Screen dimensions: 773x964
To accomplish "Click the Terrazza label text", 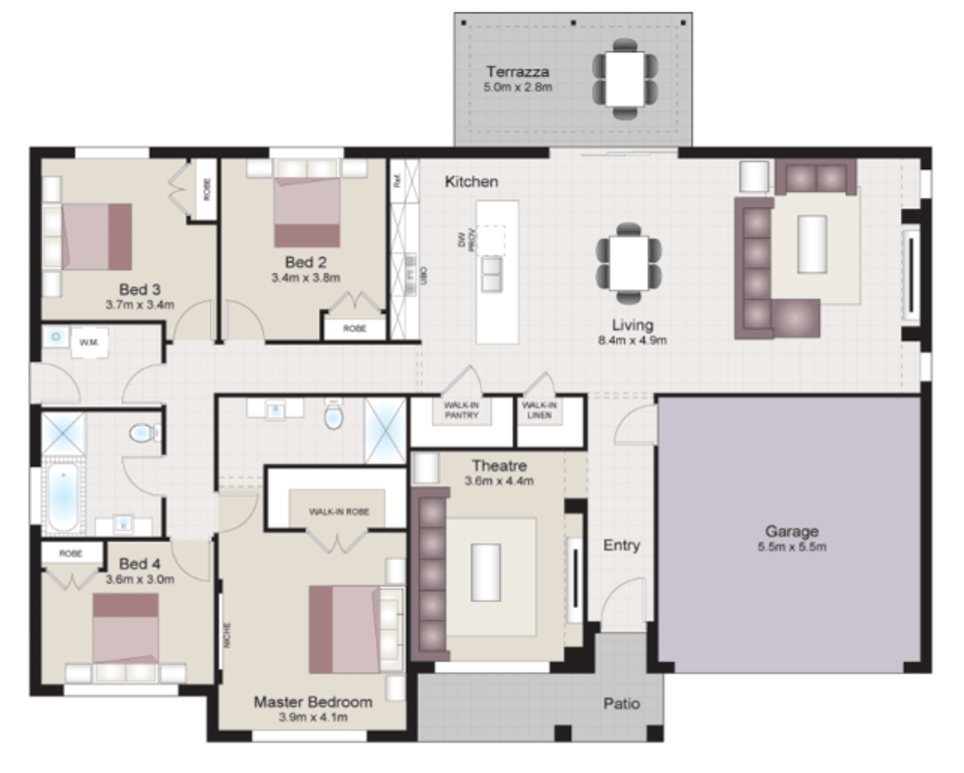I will tap(517, 71).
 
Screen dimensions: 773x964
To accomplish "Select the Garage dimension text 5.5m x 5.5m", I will tap(791, 547).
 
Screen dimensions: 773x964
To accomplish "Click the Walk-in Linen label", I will tap(540, 410).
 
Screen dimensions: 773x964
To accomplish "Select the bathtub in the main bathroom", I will tap(61, 498).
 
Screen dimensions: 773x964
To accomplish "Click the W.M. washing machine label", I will tap(89, 343).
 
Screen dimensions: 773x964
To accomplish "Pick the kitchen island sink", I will tap(492, 274).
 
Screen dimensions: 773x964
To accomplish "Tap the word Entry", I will tap(621, 545).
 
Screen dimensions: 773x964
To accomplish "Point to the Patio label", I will tap(621, 703).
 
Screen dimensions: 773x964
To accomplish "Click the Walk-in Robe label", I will tap(339, 511).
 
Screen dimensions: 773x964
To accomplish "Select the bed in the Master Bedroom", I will tap(352, 629).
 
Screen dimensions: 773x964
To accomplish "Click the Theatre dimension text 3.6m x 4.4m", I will tap(499, 481).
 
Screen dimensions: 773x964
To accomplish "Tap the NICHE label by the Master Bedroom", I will tap(227, 634).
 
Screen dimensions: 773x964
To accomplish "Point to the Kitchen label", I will tap(471, 182).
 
